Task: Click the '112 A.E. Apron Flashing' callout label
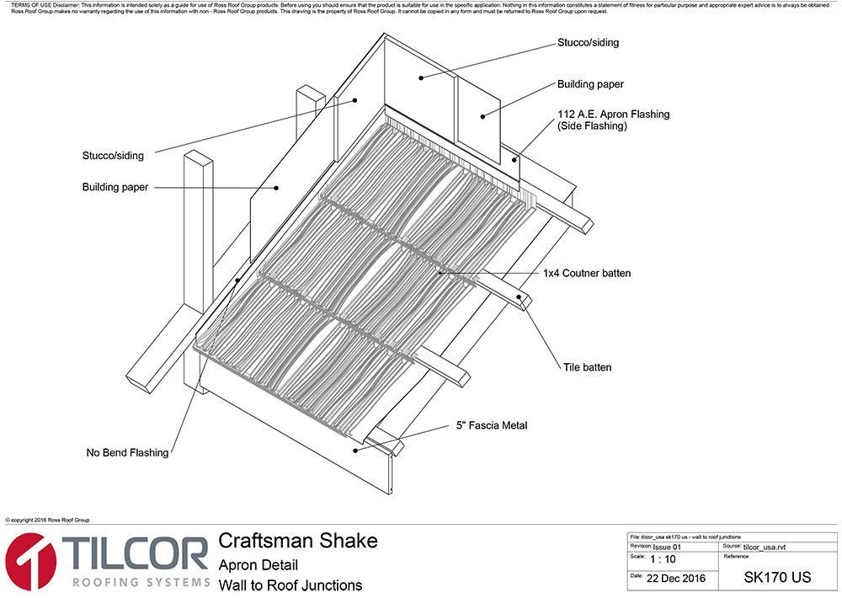[x=613, y=114]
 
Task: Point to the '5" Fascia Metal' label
[x=492, y=426]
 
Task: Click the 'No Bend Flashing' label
[x=127, y=453]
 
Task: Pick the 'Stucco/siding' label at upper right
[x=594, y=42]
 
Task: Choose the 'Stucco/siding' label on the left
[x=113, y=156]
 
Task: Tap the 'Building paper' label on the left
[x=115, y=187]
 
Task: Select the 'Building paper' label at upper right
[x=590, y=84]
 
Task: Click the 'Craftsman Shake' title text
[x=298, y=540]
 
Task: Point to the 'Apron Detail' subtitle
[x=258, y=565]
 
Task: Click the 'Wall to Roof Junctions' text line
[x=290, y=585]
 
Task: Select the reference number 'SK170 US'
[x=777, y=578]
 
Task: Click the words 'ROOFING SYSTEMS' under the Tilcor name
[x=139, y=582]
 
